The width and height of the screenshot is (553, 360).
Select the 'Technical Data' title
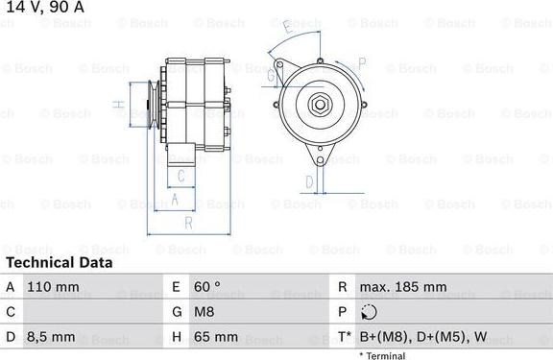pos(59,262)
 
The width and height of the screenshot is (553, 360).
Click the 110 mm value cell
pos(53,287)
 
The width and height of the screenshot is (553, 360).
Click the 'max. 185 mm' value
pos(403,287)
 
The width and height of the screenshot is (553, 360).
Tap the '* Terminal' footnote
pos(382,355)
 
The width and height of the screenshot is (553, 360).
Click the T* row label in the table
pos(342,337)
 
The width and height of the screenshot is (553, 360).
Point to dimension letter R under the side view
pos(188,223)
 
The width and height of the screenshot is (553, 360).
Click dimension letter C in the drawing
pos(180,176)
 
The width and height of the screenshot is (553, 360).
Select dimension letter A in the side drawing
pos(174,199)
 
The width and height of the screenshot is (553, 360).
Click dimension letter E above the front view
pos(289,28)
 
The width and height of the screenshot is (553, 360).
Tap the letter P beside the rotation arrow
pos(362,63)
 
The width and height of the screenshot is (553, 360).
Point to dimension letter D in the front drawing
pos(309,181)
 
